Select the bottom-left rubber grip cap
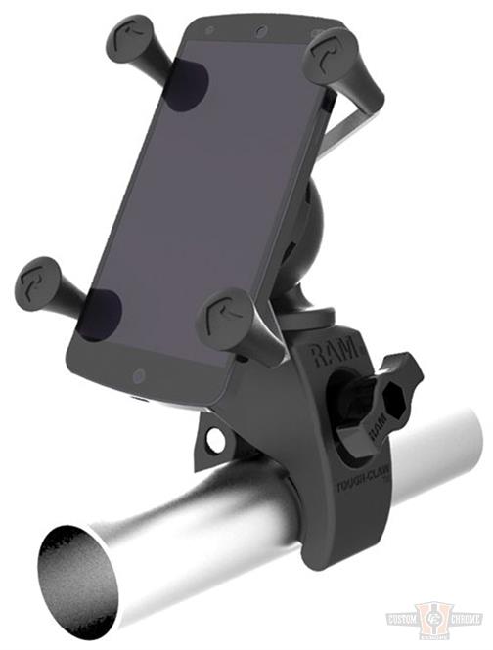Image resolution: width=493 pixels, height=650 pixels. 39,281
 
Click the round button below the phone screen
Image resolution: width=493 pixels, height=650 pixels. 139,374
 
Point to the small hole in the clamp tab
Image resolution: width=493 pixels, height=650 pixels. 213,440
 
